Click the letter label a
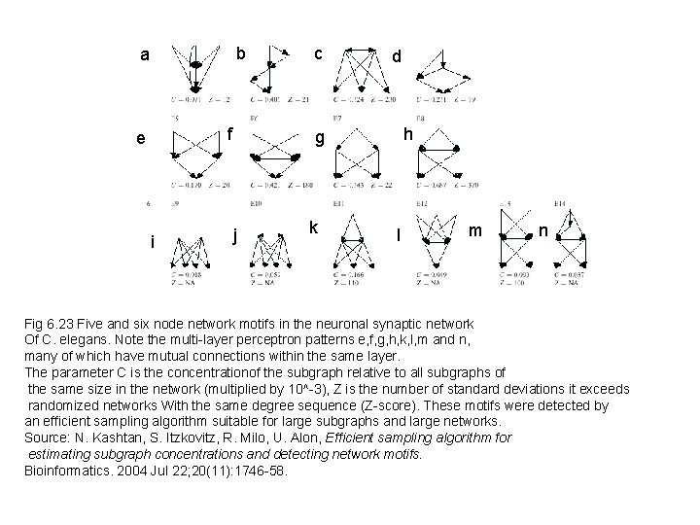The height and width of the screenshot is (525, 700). click(145, 55)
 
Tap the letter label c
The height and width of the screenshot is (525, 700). click(317, 51)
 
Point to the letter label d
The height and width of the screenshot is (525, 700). click(396, 57)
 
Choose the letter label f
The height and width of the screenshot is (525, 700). click(230, 131)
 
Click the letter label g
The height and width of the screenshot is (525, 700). click(318, 138)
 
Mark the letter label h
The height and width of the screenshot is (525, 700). click(408, 131)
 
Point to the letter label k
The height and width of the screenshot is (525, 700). click(313, 227)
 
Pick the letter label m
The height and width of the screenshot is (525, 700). click(474, 230)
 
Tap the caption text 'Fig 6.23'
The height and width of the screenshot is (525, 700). click(50, 323)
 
